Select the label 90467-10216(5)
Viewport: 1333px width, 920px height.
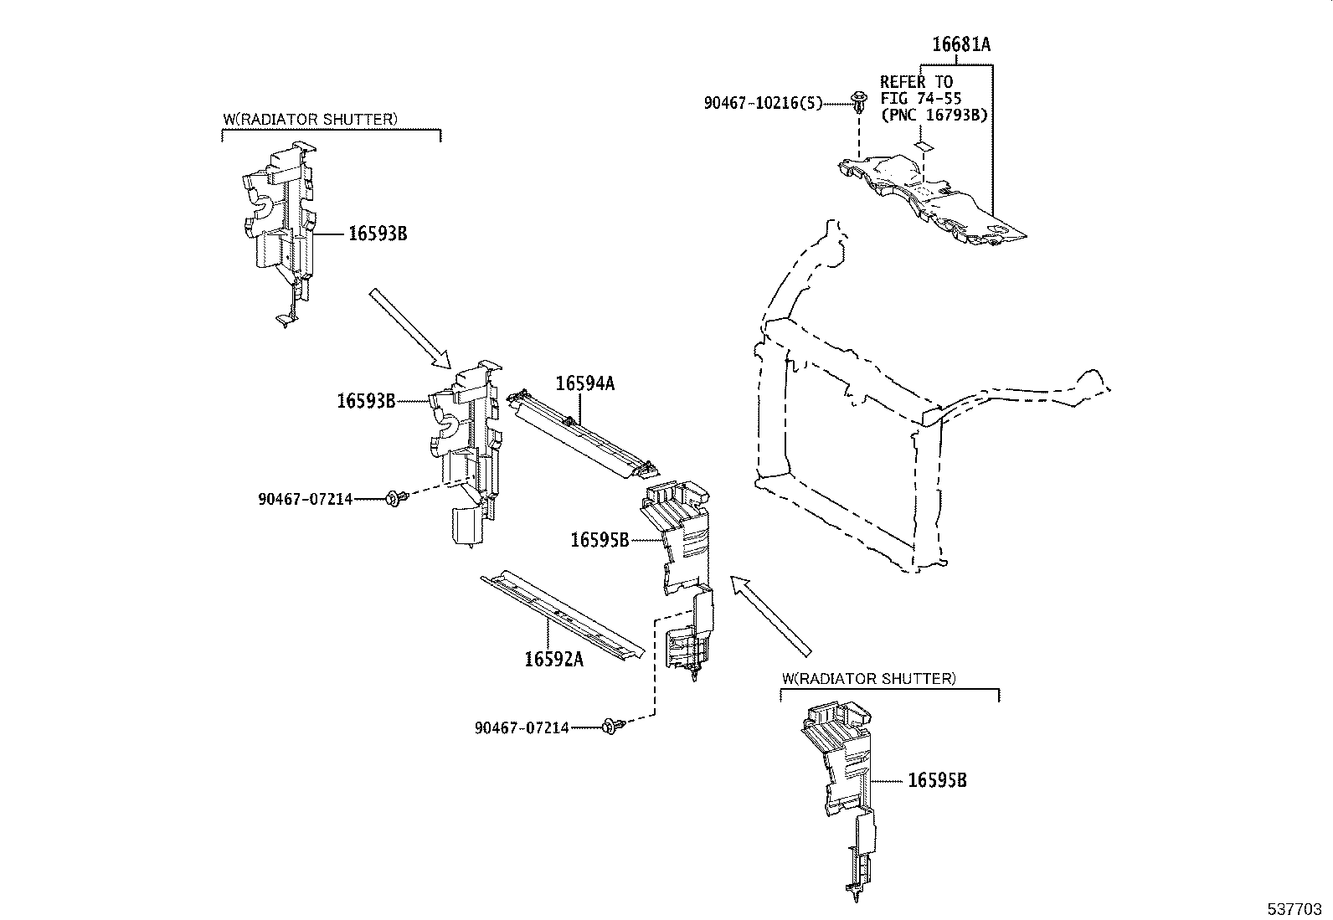point(762,103)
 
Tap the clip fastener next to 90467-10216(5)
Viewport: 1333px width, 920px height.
point(858,104)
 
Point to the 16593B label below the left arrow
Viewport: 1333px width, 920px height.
point(366,401)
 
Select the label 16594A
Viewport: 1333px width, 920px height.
point(584,383)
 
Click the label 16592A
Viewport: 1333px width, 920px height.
point(553,659)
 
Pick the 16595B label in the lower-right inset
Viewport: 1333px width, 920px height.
point(937,780)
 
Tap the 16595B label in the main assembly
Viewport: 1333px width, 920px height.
point(600,540)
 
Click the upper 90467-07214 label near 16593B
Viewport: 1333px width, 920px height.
point(305,500)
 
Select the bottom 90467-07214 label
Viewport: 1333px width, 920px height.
point(522,728)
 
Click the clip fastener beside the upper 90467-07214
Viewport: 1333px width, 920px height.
point(394,500)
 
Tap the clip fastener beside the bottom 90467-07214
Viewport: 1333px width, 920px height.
point(610,727)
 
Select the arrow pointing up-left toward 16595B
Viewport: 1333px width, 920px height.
point(770,614)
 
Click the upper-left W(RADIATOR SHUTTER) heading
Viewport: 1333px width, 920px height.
point(310,119)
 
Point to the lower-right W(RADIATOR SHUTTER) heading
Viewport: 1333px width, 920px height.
point(867,678)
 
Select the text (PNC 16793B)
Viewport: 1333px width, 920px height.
point(933,115)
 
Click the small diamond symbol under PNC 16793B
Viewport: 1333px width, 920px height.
point(922,146)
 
